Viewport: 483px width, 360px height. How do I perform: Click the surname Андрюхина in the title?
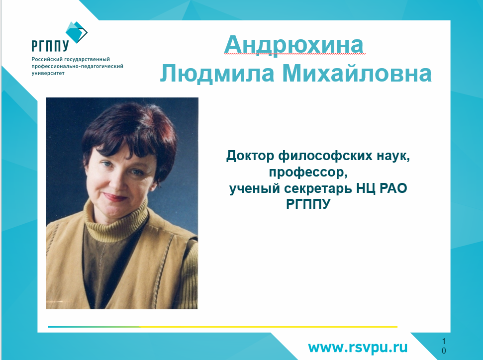click(x=294, y=45)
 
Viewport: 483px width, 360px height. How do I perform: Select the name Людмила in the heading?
click(x=217, y=73)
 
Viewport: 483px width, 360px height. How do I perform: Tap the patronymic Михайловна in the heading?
click(x=357, y=73)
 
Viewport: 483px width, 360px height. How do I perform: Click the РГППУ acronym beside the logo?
click(x=50, y=46)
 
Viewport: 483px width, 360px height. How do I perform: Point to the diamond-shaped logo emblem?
click(x=77, y=32)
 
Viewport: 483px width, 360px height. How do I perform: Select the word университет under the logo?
click(x=48, y=73)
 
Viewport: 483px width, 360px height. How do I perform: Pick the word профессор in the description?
click(x=307, y=173)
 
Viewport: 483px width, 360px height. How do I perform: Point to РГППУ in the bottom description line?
click(x=308, y=204)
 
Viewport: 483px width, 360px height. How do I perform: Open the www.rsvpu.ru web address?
click(x=358, y=348)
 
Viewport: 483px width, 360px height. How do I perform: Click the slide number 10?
click(x=444, y=346)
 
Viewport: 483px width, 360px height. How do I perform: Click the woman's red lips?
click(x=114, y=196)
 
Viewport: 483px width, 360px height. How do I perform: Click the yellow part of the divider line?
click(x=268, y=327)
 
